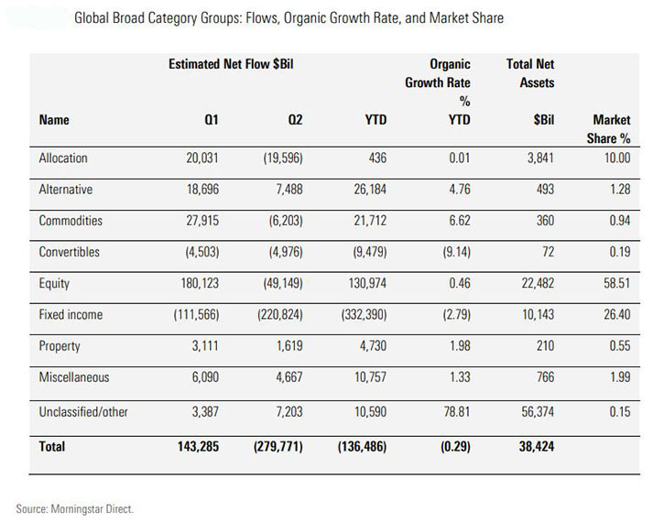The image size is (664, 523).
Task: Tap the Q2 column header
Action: point(290,120)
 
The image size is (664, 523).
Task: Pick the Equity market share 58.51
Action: point(613,284)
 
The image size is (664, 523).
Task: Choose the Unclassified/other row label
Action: point(83,413)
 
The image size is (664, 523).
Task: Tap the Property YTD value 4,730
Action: point(370,347)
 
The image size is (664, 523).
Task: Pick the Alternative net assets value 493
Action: point(544,190)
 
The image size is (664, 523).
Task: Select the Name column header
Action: point(54,120)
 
